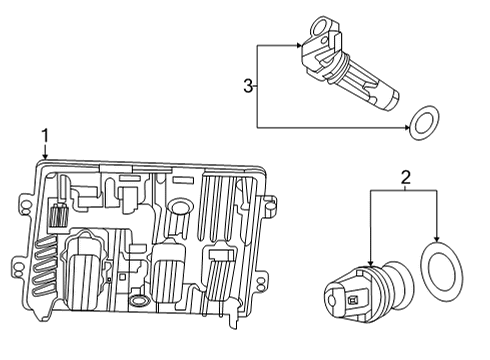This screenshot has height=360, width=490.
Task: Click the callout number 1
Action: point(44,134)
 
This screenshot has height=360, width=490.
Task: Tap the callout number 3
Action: point(249,87)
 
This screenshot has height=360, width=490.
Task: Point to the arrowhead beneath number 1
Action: point(44,157)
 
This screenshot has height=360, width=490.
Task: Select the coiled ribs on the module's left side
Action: point(41,268)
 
